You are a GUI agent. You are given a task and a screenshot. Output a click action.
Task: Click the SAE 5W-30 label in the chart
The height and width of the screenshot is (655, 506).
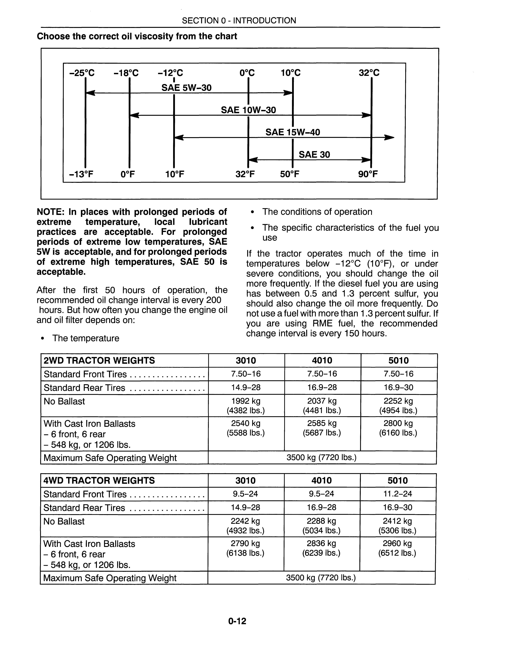187,88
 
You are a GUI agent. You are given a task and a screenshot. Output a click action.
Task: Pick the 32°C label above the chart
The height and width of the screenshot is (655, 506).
369,73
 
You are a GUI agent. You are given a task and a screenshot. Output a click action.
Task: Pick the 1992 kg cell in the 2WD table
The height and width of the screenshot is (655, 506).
246,401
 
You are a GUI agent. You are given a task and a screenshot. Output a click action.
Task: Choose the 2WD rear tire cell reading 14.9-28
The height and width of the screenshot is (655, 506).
246,387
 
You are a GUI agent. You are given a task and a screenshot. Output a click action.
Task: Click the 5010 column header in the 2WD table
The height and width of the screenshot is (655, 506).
398,360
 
